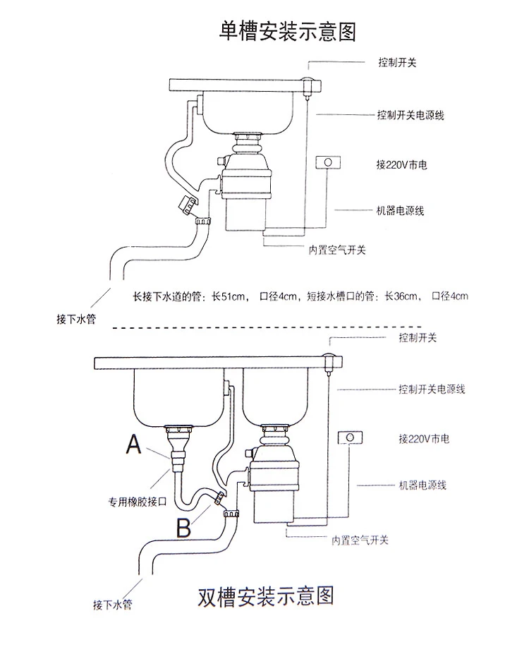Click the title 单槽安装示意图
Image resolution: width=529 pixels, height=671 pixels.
click(x=288, y=32)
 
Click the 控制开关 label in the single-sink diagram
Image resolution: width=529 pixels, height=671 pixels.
click(x=397, y=62)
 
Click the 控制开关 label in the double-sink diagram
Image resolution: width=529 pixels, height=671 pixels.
click(x=418, y=338)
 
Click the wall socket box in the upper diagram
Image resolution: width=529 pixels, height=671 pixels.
click(x=327, y=162)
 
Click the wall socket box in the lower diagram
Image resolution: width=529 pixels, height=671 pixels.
click(x=350, y=438)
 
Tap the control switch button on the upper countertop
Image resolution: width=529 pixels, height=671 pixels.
click(x=306, y=81)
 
